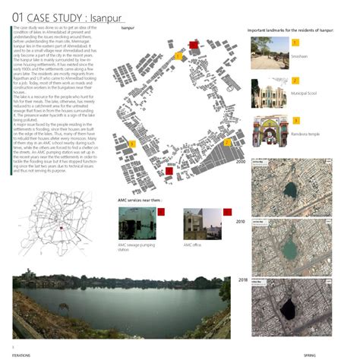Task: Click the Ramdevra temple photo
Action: tap(268, 131)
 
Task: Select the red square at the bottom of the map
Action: tap(169, 171)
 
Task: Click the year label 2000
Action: tap(241, 162)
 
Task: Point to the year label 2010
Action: tap(240, 220)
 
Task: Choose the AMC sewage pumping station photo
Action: tap(137, 223)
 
